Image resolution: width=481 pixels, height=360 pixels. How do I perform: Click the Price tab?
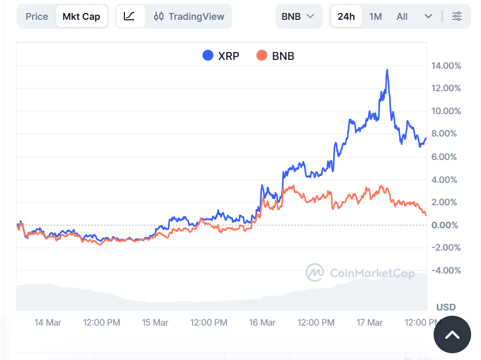click(37, 17)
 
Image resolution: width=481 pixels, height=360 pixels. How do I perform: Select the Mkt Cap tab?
click(81, 17)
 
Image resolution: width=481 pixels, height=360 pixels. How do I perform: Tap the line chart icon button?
click(130, 17)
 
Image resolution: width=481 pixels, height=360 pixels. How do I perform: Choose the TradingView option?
click(189, 17)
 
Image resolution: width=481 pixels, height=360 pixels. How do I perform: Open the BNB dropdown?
click(298, 17)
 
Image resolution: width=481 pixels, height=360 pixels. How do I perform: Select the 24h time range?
click(346, 17)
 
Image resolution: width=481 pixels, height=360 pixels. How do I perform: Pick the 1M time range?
click(375, 17)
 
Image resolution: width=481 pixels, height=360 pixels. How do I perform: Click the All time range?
click(402, 17)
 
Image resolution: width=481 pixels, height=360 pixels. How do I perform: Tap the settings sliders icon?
click(457, 17)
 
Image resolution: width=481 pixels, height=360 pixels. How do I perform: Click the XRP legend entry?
click(221, 56)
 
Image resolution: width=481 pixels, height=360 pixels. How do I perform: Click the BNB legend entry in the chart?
click(276, 56)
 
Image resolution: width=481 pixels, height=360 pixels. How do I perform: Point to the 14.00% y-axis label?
click(446, 66)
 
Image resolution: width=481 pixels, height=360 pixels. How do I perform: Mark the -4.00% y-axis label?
click(446, 270)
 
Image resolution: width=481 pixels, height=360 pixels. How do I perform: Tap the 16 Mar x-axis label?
click(262, 322)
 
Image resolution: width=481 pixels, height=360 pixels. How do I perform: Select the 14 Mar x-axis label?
click(48, 322)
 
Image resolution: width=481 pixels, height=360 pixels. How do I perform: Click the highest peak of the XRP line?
click(387, 70)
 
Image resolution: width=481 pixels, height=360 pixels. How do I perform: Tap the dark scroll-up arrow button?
click(452, 335)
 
